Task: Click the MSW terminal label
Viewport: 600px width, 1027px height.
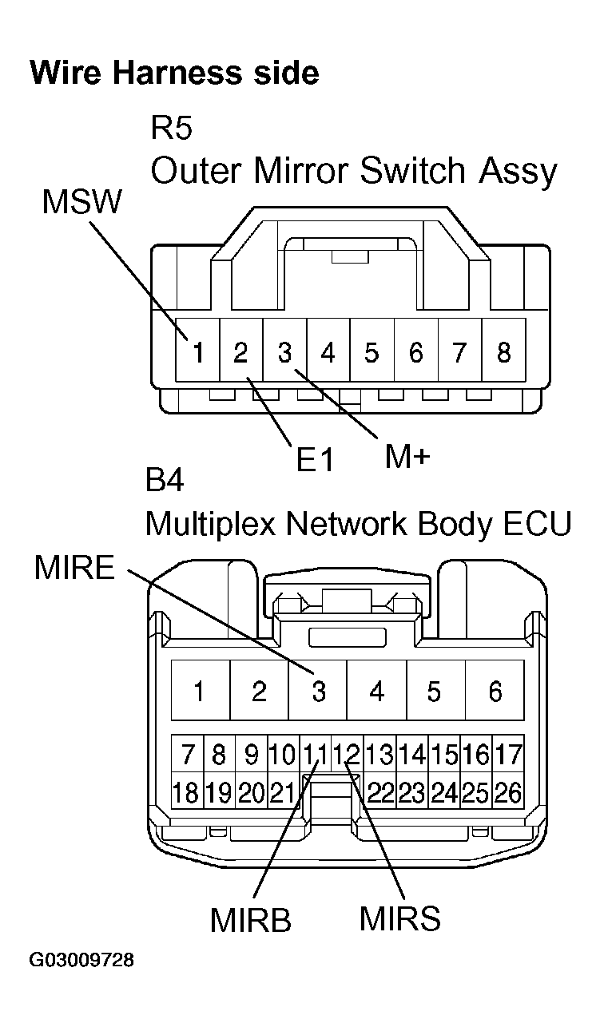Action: (x=81, y=203)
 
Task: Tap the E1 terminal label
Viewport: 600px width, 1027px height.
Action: (x=314, y=460)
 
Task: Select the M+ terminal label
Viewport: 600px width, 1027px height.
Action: (x=407, y=456)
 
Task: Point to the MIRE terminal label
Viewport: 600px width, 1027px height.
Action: (x=74, y=569)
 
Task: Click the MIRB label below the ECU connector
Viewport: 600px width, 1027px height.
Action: (x=250, y=920)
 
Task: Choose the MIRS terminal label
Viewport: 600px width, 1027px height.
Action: (x=399, y=918)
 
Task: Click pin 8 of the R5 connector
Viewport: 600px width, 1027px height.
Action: (x=503, y=352)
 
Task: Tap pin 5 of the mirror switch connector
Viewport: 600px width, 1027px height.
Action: (x=372, y=352)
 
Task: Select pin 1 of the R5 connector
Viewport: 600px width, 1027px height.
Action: (x=197, y=352)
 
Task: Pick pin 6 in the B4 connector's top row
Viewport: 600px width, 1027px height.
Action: (x=495, y=691)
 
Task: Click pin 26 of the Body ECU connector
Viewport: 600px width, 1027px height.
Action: (x=508, y=793)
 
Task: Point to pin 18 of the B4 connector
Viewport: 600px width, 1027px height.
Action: (x=185, y=793)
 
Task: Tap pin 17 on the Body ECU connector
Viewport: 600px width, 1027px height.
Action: (x=508, y=753)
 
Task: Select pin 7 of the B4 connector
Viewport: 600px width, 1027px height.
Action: (x=189, y=753)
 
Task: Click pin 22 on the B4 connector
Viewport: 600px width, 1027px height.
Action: (x=381, y=793)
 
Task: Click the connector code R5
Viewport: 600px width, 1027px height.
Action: (x=172, y=127)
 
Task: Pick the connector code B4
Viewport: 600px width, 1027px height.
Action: (x=165, y=482)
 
